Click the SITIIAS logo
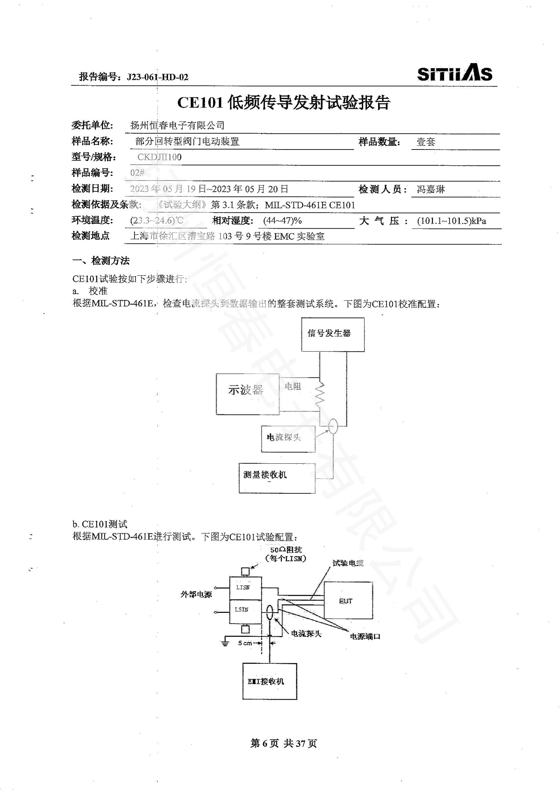pyautogui.click(x=454, y=73)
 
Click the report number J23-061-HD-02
pyautogui.click(x=157, y=77)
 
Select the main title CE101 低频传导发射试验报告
pyautogui.click(x=283, y=103)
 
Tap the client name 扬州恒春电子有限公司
pyautogui.click(x=177, y=125)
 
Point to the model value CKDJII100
pyautogui.click(x=159, y=157)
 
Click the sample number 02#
pyautogui.click(x=137, y=173)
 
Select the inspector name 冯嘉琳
pyautogui.click(x=431, y=189)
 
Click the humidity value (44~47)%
pyautogui.click(x=282, y=221)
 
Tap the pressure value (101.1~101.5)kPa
pyautogui.click(x=451, y=221)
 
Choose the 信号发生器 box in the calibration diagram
pyautogui.click(x=332, y=334)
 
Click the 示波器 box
pyautogui.click(x=247, y=394)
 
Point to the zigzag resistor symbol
pyautogui.click(x=320, y=393)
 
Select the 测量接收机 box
pyautogui.click(x=277, y=478)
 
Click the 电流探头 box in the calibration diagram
pyautogui.click(x=288, y=439)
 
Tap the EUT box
pyautogui.click(x=348, y=601)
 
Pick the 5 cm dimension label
pyautogui.click(x=245, y=643)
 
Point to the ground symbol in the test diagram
pyautogui.click(x=225, y=643)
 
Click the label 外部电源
pyautogui.click(x=196, y=594)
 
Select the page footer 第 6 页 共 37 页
pyautogui.click(x=283, y=743)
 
